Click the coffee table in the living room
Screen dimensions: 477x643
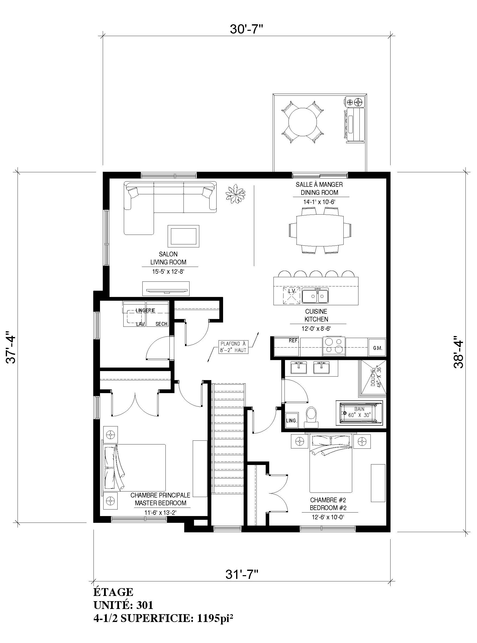pos(184,236)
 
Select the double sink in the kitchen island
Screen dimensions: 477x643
pos(315,295)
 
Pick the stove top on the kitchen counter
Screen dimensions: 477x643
pos(334,346)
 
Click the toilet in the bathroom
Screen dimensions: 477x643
pos(311,417)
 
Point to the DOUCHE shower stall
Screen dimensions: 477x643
pos(372,378)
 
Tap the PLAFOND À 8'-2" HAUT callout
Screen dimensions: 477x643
pos(233,347)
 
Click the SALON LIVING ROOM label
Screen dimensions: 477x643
pos(168,258)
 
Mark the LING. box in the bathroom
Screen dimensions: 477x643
pos(291,421)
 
